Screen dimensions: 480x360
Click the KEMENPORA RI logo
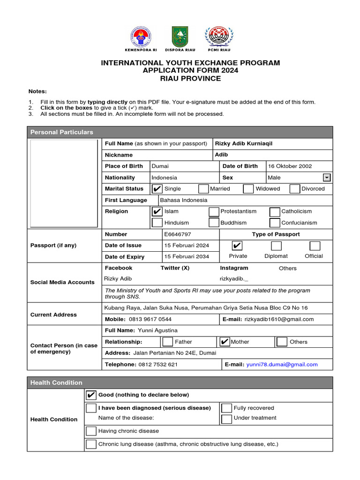pos(140,37)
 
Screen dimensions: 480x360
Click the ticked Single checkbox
pos(157,189)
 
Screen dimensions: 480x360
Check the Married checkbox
pos(203,189)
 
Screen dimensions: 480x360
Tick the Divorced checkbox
pos(294,189)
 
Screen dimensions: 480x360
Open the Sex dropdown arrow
pos(327,178)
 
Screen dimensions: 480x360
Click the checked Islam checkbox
pos(157,211)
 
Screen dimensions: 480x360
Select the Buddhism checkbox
pos(214,223)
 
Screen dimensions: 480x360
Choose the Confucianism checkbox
pos(275,223)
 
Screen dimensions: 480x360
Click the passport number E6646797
pos(178,234)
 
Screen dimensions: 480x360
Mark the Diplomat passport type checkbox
pos(277,246)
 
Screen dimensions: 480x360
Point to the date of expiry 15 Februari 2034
pos(187,257)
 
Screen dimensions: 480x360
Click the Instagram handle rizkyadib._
pos(234,279)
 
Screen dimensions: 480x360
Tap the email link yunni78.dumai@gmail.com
pos(282,365)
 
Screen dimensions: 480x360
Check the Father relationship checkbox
pos(167,342)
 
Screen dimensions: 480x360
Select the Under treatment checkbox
pos(226,419)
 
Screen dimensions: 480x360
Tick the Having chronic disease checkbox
pos(91,431)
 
